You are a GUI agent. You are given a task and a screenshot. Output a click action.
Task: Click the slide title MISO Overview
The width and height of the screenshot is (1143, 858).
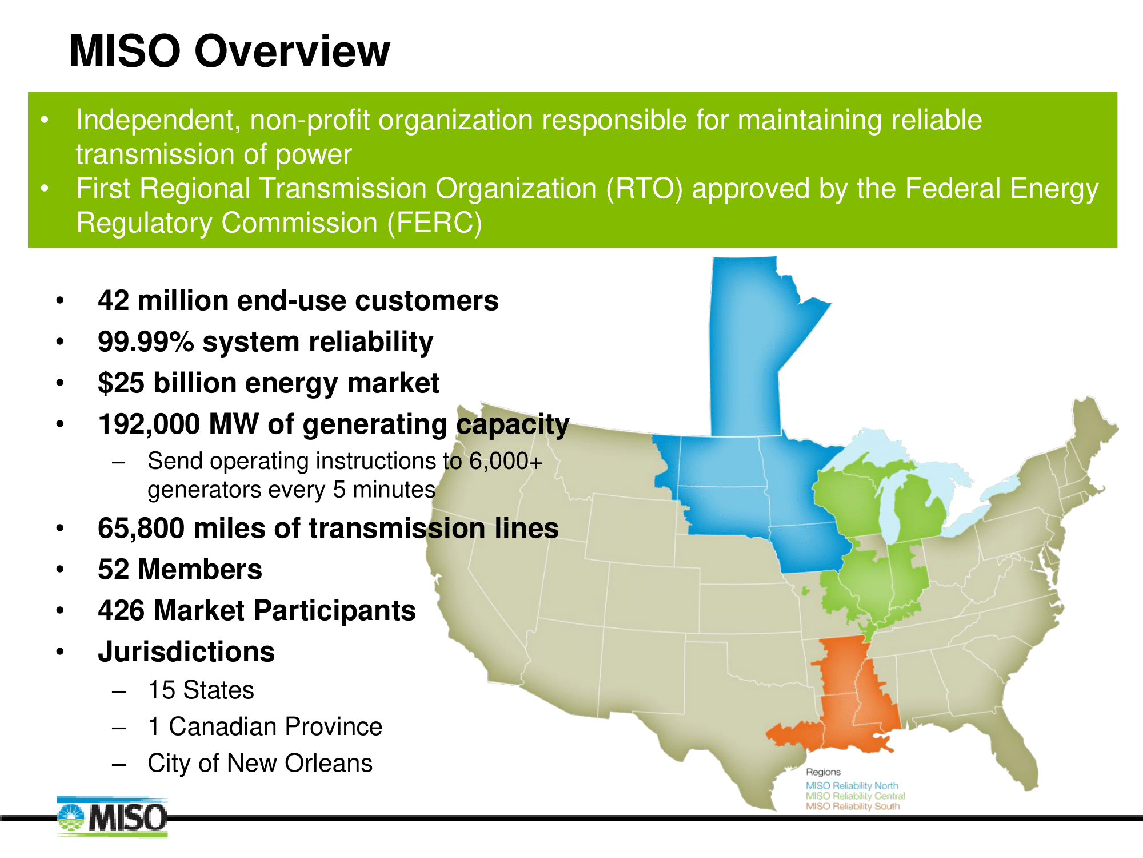[x=229, y=51]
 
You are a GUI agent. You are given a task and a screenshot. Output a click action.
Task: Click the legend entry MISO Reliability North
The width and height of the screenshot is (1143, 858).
[x=852, y=786]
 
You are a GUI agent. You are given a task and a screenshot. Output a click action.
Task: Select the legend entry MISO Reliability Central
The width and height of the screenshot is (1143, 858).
[x=855, y=796]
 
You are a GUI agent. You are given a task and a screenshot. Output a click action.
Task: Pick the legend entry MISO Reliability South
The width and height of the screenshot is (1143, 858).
[x=853, y=806]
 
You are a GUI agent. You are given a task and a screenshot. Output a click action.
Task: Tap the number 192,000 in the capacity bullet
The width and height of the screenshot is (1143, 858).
[x=149, y=424]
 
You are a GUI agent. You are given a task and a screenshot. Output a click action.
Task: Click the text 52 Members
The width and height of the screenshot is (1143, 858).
[x=179, y=570]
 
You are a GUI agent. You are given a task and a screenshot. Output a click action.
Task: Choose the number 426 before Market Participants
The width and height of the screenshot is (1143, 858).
[x=121, y=611]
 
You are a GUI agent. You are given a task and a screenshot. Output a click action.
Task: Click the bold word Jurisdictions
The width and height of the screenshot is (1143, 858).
[x=186, y=652]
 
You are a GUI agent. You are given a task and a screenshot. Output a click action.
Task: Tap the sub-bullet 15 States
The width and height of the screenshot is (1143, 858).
[x=201, y=690]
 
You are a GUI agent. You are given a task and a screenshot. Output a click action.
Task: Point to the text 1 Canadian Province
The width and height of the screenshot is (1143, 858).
[x=265, y=727]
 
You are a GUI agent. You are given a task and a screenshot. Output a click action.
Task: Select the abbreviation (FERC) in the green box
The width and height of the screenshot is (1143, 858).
[x=434, y=223]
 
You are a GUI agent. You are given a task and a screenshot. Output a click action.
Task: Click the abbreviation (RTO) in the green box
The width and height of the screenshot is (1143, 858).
[x=644, y=189]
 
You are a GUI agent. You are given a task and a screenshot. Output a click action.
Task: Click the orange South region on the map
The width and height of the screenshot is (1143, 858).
[x=846, y=704]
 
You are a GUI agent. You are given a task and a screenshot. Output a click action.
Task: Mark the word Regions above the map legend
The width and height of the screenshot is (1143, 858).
[x=823, y=772]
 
